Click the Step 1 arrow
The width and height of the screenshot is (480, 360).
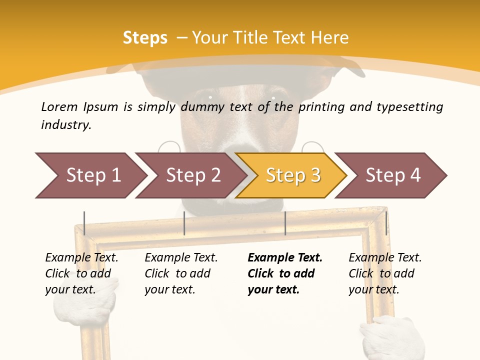pyautogui.click(x=92, y=175)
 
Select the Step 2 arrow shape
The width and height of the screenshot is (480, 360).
pyautogui.click(x=193, y=175)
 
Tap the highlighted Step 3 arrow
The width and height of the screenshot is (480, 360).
pyautogui.click(x=292, y=175)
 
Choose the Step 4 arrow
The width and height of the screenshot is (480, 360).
pyautogui.click(x=393, y=175)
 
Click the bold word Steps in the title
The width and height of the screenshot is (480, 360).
pyautogui.click(x=145, y=38)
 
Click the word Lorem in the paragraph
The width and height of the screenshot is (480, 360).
pyautogui.click(x=59, y=107)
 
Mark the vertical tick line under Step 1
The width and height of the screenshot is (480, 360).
pyautogui.click(x=84, y=223)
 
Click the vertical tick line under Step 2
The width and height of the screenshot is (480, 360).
pyautogui.click(x=184, y=223)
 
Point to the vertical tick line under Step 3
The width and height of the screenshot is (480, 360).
pyautogui.click(x=285, y=223)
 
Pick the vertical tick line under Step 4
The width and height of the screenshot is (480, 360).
pyautogui.click(x=386, y=223)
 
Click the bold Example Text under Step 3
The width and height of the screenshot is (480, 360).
pyautogui.click(x=285, y=258)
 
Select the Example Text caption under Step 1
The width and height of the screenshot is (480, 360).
pyautogui.click(x=81, y=258)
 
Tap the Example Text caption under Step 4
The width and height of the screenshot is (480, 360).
pyautogui.click(x=385, y=258)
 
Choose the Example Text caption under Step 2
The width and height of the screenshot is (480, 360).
pyautogui.click(x=181, y=258)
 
